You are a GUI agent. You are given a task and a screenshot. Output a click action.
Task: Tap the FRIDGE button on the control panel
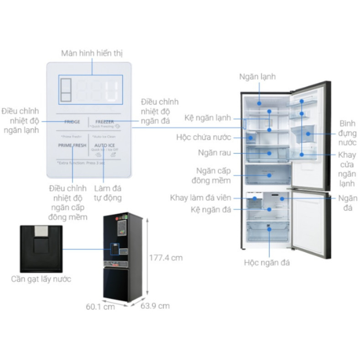72,122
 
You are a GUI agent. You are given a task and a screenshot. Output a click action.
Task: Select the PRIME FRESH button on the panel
72,145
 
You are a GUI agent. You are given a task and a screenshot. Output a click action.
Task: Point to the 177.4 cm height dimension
166,258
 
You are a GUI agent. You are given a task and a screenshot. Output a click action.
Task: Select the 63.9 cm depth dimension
155,306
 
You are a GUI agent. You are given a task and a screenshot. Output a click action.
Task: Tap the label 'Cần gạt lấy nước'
41,279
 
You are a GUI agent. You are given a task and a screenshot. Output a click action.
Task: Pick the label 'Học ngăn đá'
267,262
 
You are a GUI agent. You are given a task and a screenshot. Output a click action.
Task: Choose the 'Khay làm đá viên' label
201,198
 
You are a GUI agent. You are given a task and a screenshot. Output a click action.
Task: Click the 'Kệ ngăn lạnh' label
208,118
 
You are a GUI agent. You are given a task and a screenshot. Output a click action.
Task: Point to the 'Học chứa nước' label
204,137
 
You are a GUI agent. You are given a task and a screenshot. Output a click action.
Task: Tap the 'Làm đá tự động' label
108,193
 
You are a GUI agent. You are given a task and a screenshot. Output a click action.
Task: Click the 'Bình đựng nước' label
348,133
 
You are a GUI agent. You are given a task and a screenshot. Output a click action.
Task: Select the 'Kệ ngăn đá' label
211,209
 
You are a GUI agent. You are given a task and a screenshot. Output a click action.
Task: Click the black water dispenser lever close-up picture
41,248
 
